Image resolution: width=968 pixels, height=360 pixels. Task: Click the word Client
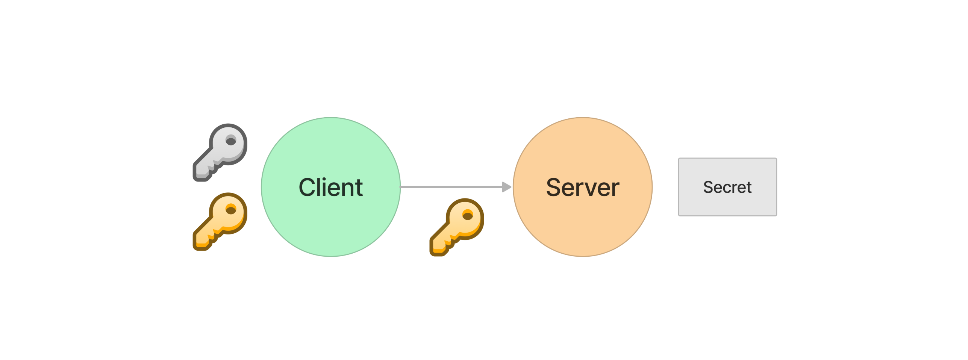[x=330, y=187]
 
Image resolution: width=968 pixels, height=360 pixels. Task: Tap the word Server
[x=582, y=187]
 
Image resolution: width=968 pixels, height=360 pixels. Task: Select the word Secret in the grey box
[x=727, y=187]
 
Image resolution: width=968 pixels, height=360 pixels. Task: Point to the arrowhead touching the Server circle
[x=507, y=187]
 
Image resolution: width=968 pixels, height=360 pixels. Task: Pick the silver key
[x=220, y=152]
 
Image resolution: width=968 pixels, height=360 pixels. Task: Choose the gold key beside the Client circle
[x=220, y=221]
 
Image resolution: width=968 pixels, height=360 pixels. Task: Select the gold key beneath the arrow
[x=457, y=227]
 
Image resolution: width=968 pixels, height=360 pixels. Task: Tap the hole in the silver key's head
[x=231, y=141]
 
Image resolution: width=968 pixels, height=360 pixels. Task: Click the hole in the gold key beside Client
[x=231, y=210]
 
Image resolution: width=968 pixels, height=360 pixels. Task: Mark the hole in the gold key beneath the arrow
[x=468, y=216]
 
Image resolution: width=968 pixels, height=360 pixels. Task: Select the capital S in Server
[x=554, y=187]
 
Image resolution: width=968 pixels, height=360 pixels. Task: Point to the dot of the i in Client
[x=324, y=179]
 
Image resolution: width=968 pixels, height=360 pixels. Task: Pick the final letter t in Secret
[x=748, y=188]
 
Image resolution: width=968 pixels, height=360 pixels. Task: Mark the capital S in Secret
[x=708, y=187]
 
